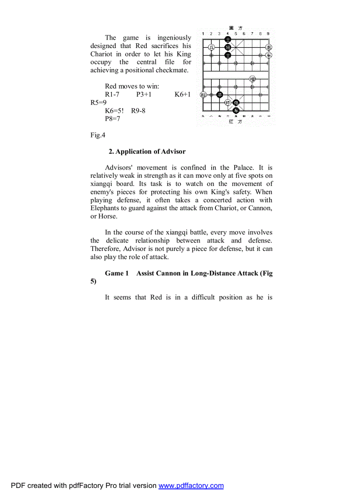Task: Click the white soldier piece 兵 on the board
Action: coord(211,47)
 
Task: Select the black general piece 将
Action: coord(228,47)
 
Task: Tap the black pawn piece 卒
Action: coord(220,95)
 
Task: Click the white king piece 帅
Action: coord(228,103)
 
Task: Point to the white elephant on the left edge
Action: coord(203,95)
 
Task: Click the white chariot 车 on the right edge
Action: coord(269,55)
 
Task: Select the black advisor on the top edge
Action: coord(228,39)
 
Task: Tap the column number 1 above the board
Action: coord(203,33)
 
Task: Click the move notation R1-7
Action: coord(112,94)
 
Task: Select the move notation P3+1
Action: coord(144,94)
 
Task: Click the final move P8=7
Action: coord(112,119)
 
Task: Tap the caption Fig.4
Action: coord(98,135)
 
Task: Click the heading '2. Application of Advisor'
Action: coord(147,152)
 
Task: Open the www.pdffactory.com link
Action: coord(191,486)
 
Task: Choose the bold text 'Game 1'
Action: coord(116,273)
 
